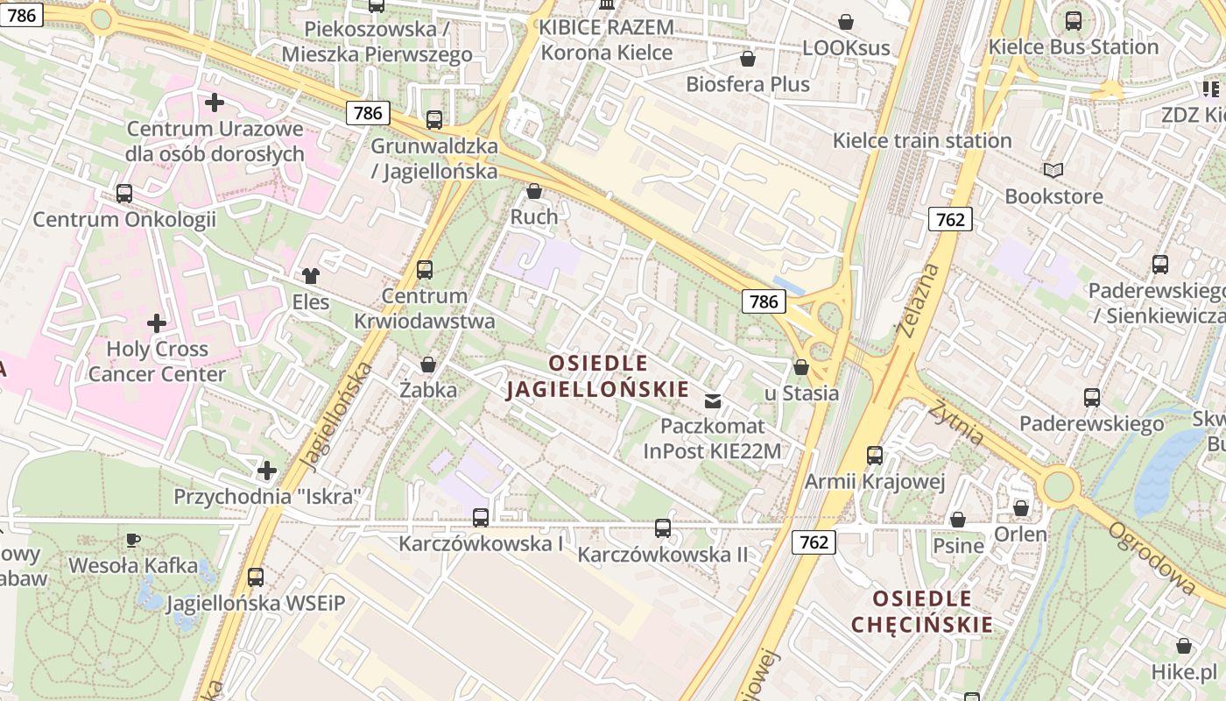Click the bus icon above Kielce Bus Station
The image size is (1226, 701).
tap(1074, 21)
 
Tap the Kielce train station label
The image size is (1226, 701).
tap(922, 140)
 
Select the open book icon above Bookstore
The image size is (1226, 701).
tap(1053, 170)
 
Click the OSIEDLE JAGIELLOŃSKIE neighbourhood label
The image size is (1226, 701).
tap(598, 376)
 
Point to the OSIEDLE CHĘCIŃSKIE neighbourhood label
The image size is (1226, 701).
tap(922, 612)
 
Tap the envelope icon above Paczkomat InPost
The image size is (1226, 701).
tap(713, 401)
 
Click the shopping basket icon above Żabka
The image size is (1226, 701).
tap(428, 365)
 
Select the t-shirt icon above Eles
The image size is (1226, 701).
tap(311, 276)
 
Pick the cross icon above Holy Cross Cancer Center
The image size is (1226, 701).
tap(157, 323)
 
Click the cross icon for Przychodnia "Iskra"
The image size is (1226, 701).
tap(267, 471)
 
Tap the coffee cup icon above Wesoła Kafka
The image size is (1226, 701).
tap(132, 540)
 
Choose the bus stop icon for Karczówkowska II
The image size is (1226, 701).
tap(663, 528)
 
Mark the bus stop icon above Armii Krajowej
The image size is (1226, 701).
tap(874, 456)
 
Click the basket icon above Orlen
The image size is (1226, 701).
tap(1020, 508)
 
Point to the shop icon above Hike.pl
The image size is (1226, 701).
tap(1184, 647)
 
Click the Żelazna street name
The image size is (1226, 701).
tap(917, 299)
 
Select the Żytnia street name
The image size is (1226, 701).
tap(957, 421)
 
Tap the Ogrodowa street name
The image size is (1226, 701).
tap(1151, 558)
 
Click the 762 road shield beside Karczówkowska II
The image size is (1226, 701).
tap(814, 542)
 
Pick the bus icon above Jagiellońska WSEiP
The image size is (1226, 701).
tap(256, 577)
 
